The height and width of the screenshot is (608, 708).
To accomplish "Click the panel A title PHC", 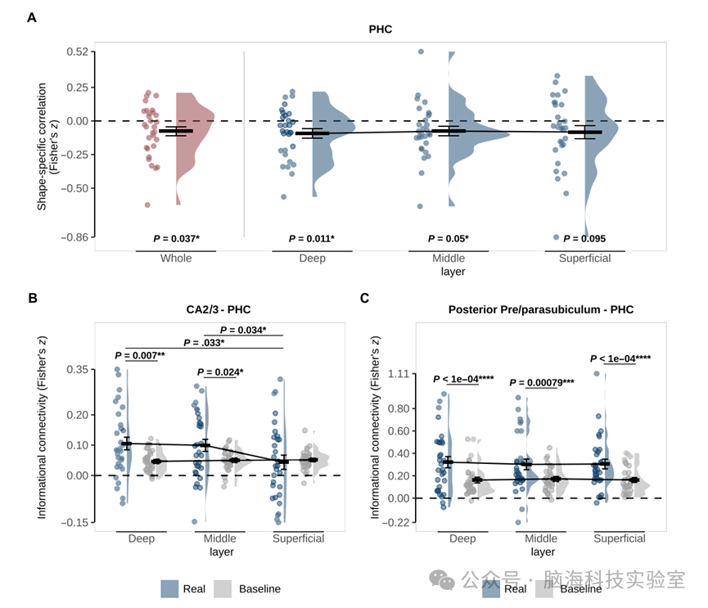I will pyautogui.click(x=380, y=29).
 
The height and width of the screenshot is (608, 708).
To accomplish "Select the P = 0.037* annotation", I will pyautogui.click(x=177, y=239).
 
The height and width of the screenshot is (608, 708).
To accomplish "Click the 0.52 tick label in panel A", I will pyautogui.click(x=78, y=52).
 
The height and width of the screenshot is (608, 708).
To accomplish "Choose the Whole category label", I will pyautogui.click(x=176, y=259).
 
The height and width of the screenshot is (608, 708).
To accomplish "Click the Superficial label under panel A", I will pyautogui.click(x=584, y=259).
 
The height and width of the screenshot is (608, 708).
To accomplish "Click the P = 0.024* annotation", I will pyautogui.click(x=216, y=372).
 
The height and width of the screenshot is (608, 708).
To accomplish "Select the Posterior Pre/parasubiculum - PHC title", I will pyautogui.click(x=541, y=310).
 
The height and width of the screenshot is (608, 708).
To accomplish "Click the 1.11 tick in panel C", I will pyautogui.click(x=397, y=374).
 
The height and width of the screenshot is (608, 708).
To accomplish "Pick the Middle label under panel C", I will pyautogui.click(x=541, y=538).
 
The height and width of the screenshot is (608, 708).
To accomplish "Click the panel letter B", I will pyautogui.click(x=32, y=298).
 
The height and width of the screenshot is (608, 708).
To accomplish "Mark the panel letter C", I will pyautogui.click(x=365, y=298).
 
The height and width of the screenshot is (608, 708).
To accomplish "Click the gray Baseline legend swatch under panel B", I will pyautogui.click(x=223, y=588).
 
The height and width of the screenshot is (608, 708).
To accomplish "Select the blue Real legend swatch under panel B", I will pyautogui.click(x=169, y=588).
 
